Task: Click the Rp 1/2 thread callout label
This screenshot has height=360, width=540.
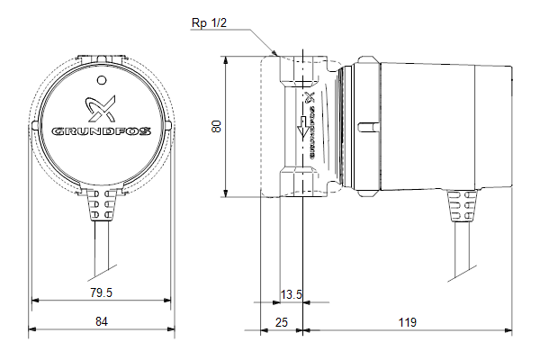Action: coord(209,23)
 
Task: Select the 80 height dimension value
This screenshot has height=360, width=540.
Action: coord(216,126)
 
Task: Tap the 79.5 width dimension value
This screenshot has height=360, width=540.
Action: coord(101,292)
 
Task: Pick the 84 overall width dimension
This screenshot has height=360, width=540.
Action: coord(102,321)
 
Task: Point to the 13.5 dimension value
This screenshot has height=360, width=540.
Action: coord(292,294)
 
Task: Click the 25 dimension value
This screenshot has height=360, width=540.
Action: coord(282,322)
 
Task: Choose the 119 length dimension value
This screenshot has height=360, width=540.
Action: coord(408,322)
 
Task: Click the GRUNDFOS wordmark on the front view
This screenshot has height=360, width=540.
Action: coord(101,131)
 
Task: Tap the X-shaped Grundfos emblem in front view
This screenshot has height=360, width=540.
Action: coord(100,109)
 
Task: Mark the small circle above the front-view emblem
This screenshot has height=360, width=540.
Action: coord(102,81)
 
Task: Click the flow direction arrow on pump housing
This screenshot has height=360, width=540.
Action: coord(302,127)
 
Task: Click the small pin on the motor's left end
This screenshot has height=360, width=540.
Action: coord(368,127)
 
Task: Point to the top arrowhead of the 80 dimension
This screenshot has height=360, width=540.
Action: coord(226,60)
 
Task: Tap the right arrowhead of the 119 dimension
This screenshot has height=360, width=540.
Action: coord(508,330)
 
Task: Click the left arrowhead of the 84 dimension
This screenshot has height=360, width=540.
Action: coord(32,329)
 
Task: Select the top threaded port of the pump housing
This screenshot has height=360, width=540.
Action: coord(302,71)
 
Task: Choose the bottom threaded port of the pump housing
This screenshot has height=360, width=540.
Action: coord(302,182)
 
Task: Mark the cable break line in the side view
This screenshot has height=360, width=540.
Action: coord(463,274)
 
